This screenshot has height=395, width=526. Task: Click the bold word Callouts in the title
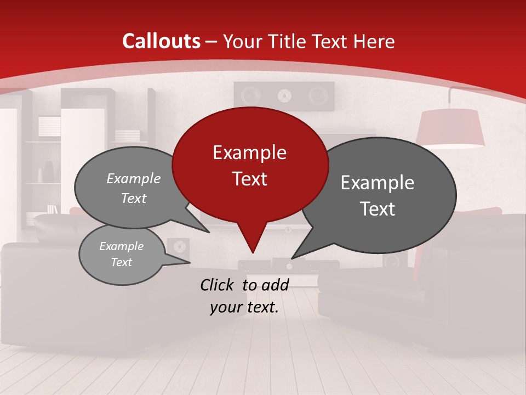[162, 41]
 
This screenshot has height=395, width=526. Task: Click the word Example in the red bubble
[249, 153]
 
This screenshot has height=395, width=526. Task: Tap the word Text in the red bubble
[249, 179]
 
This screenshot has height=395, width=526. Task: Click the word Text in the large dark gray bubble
[378, 209]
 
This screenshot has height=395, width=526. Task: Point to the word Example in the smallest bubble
[121, 246]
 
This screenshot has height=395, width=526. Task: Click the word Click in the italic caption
[218, 285]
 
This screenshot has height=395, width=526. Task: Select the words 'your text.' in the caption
[244, 307]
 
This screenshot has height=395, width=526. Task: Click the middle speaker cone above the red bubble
[283, 97]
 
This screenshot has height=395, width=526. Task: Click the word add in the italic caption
[275, 285]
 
